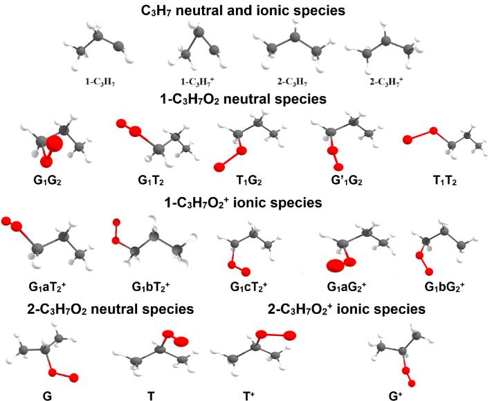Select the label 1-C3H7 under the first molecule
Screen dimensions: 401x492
pos(98,79)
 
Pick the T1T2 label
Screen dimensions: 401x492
pos(439,183)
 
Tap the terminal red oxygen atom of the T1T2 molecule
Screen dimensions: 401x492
pos(408,140)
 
